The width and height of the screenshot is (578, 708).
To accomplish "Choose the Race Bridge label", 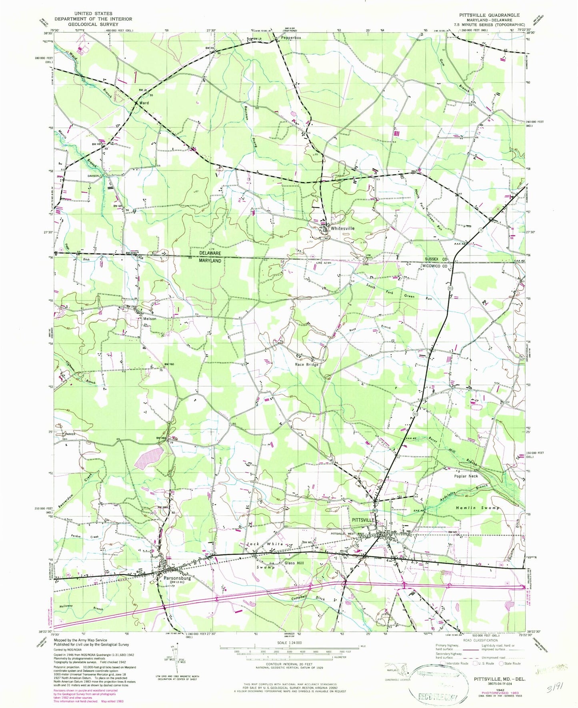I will (x=307, y=365).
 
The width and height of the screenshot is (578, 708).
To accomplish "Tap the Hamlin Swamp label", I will (x=478, y=507).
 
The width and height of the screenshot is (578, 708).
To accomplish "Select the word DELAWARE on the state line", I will (x=211, y=254).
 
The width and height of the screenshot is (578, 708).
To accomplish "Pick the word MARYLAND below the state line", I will (x=211, y=261).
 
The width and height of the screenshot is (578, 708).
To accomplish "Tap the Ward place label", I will (x=144, y=103).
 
